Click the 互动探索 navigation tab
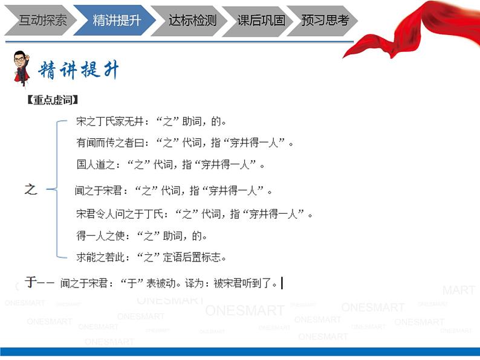tap(42, 21)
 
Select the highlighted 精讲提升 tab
tap(117, 21)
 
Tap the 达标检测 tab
tap(192, 21)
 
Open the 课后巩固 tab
tap(261, 21)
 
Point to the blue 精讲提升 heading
tap(79, 71)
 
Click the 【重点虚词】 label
tap(53, 101)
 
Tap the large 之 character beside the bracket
tap(31, 190)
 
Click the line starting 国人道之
tap(170, 165)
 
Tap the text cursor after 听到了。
tap(282, 282)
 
